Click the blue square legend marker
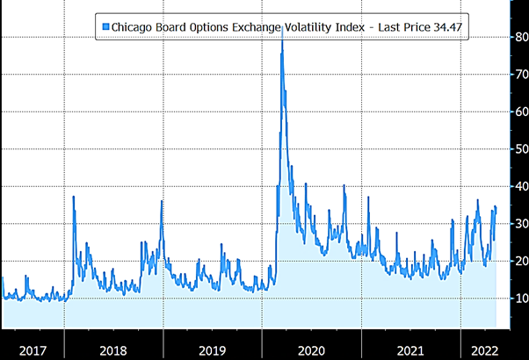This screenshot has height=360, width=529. point(106,27)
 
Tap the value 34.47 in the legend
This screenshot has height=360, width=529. point(445,27)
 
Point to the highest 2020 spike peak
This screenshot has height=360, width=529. point(281,34)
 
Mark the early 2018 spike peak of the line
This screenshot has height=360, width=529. point(74,197)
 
